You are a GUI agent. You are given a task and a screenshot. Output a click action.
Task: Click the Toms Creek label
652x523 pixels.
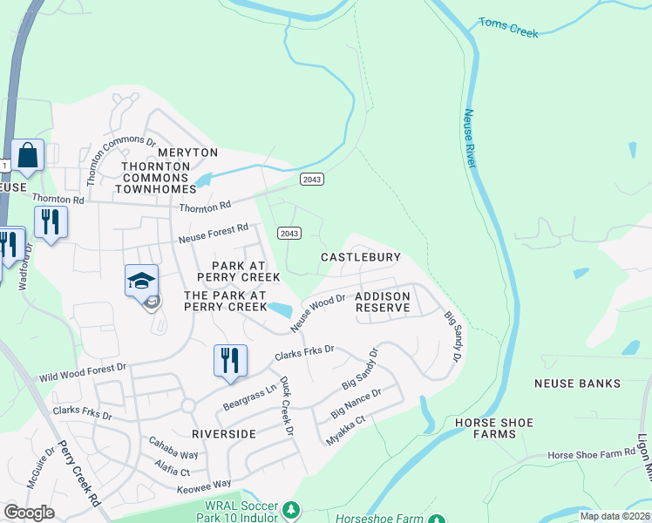click(x=508, y=27)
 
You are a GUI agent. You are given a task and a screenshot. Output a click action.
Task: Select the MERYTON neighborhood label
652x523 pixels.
click(x=187, y=153)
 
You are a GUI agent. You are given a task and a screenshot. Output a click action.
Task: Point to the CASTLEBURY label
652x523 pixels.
click(x=361, y=257)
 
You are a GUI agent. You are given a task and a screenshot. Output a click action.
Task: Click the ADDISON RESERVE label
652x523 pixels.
click(x=383, y=302)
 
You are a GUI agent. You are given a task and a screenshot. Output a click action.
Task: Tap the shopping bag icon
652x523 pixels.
click(x=27, y=157)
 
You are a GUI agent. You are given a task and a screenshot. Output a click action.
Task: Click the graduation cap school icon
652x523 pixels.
click(x=141, y=282)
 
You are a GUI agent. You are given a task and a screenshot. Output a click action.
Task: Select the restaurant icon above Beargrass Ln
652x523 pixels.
click(x=230, y=360)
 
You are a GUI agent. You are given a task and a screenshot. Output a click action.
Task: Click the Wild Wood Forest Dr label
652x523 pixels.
click(x=83, y=375)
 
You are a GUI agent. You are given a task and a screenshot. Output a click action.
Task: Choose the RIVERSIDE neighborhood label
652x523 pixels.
click(x=224, y=433)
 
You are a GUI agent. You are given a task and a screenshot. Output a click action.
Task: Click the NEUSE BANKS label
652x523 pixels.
click(x=577, y=384)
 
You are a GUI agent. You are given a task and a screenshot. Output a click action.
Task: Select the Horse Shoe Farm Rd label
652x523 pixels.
click(x=592, y=454)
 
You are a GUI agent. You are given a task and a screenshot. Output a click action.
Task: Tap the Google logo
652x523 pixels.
click(x=30, y=513)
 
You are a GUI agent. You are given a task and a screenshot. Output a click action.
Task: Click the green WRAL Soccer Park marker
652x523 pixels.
click(x=292, y=508)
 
